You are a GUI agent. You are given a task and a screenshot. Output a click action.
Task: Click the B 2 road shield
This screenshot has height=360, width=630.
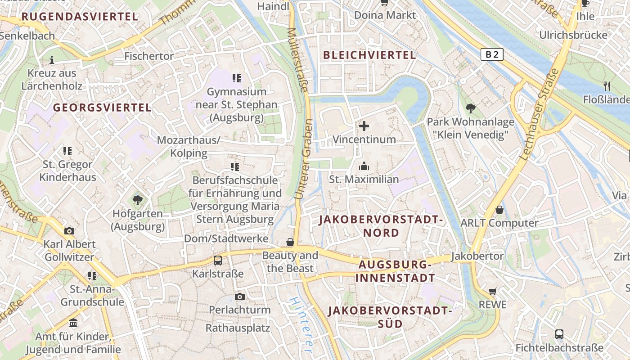[491, 54]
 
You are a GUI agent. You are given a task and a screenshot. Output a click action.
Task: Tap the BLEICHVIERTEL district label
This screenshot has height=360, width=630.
[369, 55]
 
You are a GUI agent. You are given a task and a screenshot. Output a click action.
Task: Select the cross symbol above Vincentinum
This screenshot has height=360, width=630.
[364, 126]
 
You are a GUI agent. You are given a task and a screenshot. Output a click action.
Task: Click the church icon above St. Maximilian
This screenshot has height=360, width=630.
[364, 166]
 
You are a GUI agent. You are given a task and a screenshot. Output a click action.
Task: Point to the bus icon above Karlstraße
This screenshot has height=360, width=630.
[217, 260]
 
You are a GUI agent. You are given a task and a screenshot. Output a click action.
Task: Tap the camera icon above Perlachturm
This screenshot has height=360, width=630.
[240, 297]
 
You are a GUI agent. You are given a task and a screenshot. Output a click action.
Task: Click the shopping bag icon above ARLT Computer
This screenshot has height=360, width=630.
[499, 210]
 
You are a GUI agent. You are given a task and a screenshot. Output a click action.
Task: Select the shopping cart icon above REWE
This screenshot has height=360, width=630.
[493, 292]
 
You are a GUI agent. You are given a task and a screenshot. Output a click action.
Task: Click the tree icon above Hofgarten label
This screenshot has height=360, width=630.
[138, 200]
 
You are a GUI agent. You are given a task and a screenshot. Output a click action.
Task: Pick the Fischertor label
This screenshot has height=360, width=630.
[149, 56]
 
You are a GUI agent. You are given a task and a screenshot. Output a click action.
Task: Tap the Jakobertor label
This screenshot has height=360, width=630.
[477, 256]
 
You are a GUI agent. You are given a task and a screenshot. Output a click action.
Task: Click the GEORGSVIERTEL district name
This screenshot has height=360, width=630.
[102, 108]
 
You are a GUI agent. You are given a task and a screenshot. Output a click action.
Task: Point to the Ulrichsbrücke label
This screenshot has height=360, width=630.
[573, 35]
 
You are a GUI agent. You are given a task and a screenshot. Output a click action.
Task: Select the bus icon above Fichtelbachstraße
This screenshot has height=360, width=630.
[559, 334]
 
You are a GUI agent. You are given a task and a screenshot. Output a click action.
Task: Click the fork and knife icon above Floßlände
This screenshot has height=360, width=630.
[607, 86]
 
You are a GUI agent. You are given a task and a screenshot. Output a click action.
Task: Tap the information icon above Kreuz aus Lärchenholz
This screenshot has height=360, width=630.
[52, 59]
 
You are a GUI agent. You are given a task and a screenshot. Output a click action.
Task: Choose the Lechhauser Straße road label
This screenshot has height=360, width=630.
[539, 114]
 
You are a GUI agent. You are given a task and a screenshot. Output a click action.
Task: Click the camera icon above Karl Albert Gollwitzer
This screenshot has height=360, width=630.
[69, 231]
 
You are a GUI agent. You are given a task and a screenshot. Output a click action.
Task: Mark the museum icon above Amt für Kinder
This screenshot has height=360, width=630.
[73, 323]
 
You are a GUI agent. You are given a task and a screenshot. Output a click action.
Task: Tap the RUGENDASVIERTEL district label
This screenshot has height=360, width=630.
[79, 17]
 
